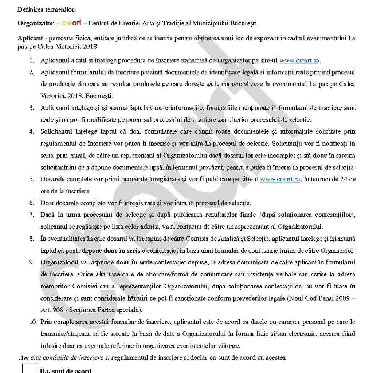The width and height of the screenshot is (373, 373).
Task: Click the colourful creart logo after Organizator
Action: coord(71,23)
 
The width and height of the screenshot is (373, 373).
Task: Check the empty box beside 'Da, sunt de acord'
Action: coord(30,368)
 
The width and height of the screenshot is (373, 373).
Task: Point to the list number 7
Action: coord(32,215)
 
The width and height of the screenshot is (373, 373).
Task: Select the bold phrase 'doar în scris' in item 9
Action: coord(134,262)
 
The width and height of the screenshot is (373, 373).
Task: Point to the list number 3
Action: coord(32,108)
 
